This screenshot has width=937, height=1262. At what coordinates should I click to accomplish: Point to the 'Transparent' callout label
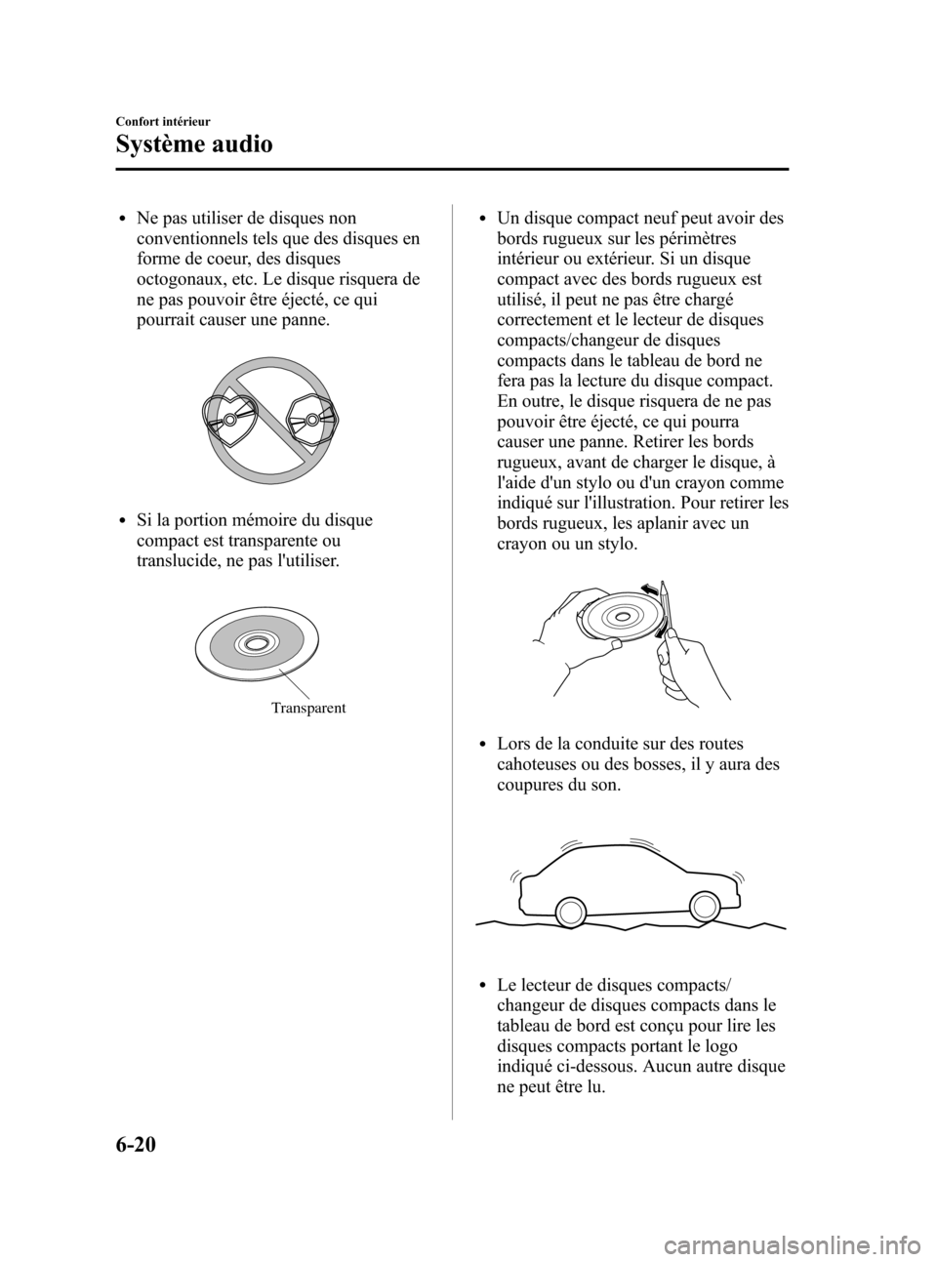point(307,708)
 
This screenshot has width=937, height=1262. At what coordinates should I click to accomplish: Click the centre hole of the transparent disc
point(254,643)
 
